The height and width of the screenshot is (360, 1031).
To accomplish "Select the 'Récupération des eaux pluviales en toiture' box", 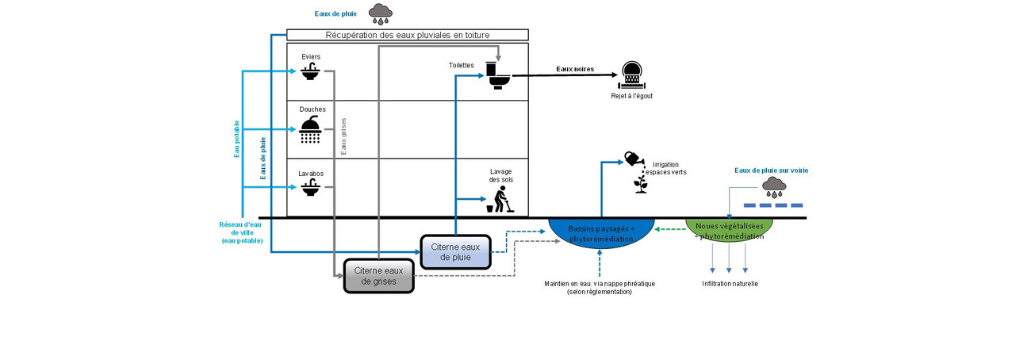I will [407, 35].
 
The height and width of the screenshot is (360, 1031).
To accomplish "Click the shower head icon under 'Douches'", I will [310, 128].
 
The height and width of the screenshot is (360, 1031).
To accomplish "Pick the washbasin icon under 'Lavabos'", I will [309, 187].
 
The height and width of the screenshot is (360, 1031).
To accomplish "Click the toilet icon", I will [499, 77].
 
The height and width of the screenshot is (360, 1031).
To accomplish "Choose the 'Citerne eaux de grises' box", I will [379, 275].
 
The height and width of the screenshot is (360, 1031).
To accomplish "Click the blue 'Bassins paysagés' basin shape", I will [601, 231].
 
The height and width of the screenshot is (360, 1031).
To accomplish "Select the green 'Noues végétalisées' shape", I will [729, 229].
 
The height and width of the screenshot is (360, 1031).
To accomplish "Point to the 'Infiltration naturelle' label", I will [730, 283].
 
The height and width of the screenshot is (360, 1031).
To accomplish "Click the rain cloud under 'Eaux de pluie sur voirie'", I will [773, 187].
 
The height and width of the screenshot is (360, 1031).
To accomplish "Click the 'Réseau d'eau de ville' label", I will [242, 232].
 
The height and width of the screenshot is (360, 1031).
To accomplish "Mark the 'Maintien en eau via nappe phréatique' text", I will [600, 287].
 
